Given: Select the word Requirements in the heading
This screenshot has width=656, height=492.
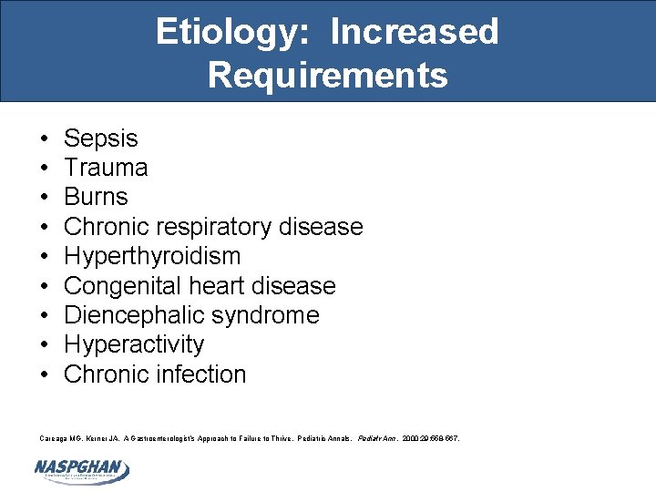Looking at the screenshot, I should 327,75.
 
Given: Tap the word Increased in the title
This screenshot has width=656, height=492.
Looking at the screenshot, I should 415,32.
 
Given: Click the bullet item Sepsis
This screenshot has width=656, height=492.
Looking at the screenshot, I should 100,138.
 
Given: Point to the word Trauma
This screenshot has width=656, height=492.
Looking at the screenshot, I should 106,168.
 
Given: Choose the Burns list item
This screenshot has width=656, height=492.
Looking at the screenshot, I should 96,197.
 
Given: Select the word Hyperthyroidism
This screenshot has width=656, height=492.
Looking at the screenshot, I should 152,256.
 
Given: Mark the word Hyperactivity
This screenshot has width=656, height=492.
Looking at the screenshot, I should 134,344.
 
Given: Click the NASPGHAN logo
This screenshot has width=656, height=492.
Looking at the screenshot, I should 82,469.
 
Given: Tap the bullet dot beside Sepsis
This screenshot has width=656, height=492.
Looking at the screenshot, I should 45,138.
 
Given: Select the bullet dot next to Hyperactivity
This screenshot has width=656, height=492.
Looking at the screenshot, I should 45,344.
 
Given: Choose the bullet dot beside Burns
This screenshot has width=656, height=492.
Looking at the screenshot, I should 45,197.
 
